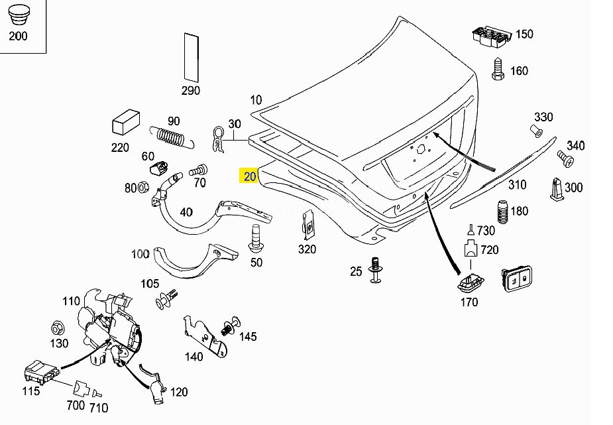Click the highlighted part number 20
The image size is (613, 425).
[249, 176]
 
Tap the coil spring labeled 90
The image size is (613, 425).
[172, 138]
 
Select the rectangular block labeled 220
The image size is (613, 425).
[126, 122]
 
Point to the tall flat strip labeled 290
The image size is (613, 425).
[191, 58]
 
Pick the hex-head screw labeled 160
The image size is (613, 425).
[498, 69]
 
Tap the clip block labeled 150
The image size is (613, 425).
[492, 36]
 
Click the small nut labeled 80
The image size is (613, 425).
[142, 186]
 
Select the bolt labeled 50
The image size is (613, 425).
[256, 238]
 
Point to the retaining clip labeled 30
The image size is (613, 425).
[218, 140]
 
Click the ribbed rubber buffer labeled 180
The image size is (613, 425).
[502, 212]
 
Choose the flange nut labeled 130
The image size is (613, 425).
[58, 328]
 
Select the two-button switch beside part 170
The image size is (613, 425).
[517, 278]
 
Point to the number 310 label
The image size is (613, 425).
[517, 184]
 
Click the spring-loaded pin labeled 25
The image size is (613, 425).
[376, 270]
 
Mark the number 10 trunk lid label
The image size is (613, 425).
[256, 100]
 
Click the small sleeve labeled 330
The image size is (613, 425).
[535, 131]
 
